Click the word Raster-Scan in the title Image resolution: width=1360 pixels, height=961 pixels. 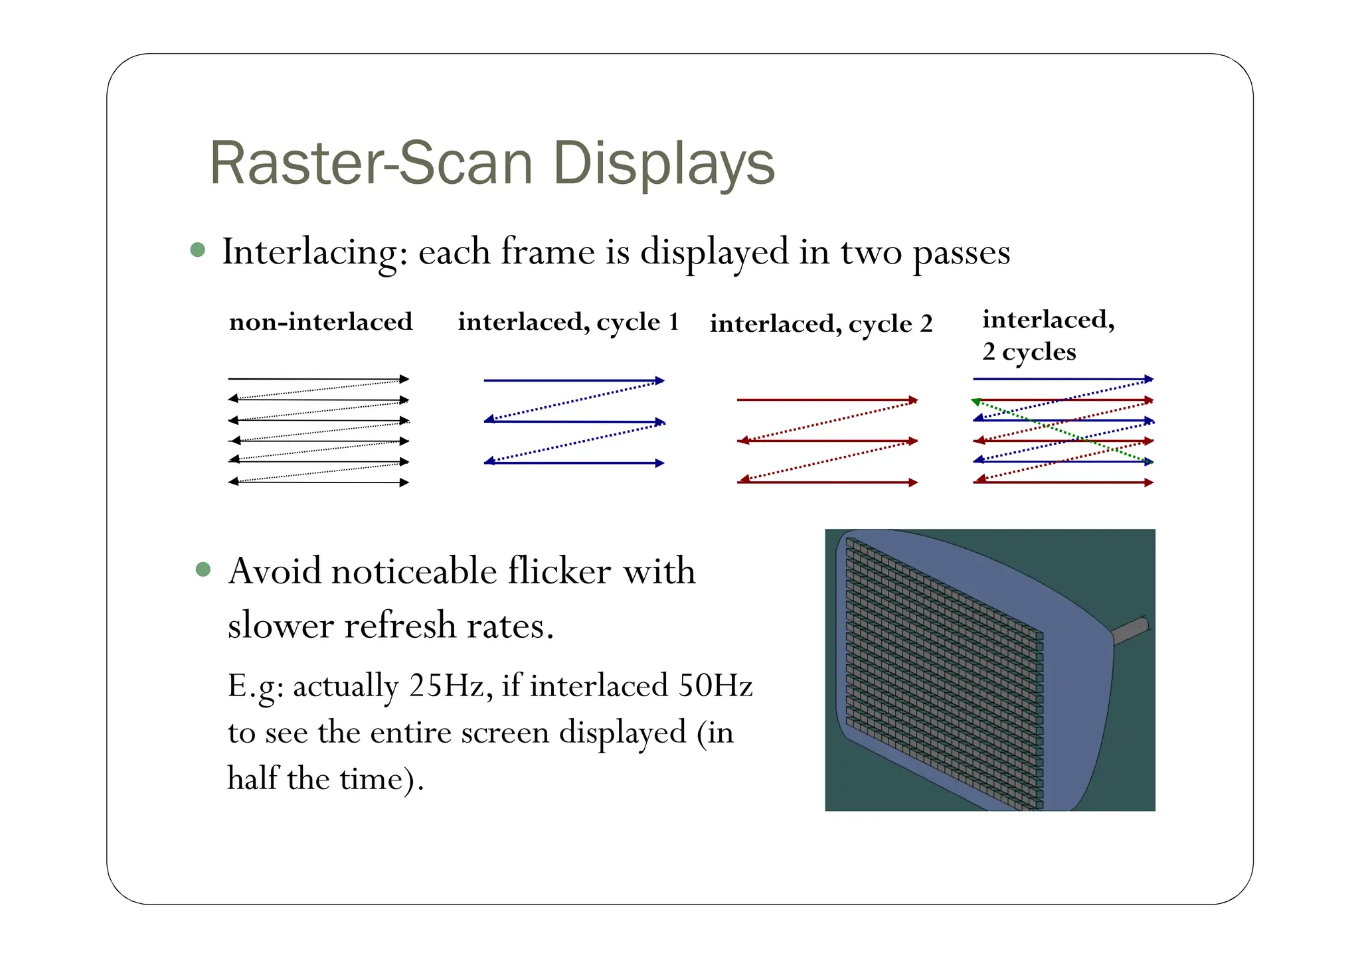pos(371,163)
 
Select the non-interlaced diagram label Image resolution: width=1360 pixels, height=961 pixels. pos(321,322)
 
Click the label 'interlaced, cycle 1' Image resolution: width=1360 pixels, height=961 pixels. pos(568,322)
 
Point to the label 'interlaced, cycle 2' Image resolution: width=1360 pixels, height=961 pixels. pos(821,324)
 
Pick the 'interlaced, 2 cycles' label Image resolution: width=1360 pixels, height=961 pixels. pos(1047,335)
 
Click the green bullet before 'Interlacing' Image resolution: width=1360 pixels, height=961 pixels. pos(197,250)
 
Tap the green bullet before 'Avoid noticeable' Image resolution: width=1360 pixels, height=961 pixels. pos(203,569)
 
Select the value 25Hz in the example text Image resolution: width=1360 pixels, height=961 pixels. pos(450,685)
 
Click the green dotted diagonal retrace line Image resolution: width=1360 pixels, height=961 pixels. pos(1062,431)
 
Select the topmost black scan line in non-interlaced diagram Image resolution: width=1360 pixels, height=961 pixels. pos(317,379)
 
